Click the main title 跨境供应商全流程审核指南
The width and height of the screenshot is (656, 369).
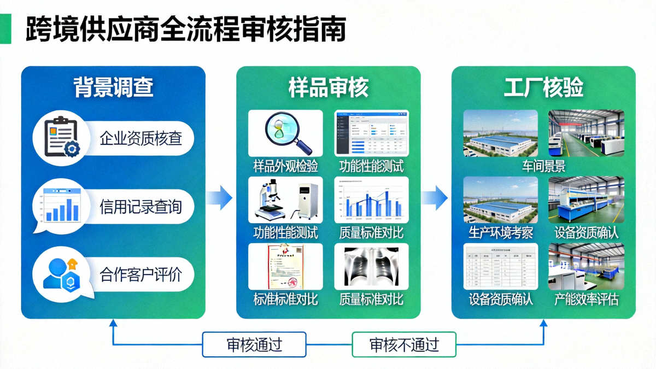(x=186, y=28)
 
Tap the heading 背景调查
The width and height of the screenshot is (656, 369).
(x=113, y=87)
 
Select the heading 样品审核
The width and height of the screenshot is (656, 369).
(x=328, y=87)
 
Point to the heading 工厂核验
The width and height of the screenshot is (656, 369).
(x=543, y=87)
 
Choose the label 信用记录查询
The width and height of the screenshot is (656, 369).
(x=140, y=207)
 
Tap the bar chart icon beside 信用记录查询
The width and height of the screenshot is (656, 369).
(x=61, y=206)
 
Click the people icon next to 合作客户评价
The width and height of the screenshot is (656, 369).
(x=61, y=273)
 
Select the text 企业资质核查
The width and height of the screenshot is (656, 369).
(x=140, y=138)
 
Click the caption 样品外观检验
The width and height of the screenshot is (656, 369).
(x=285, y=166)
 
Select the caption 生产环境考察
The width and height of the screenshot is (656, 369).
(x=500, y=232)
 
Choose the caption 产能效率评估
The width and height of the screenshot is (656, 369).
(x=586, y=299)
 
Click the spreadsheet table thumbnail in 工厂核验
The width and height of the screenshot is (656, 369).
(x=500, y=266)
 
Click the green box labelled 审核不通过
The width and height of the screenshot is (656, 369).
(x=404, y=344)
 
